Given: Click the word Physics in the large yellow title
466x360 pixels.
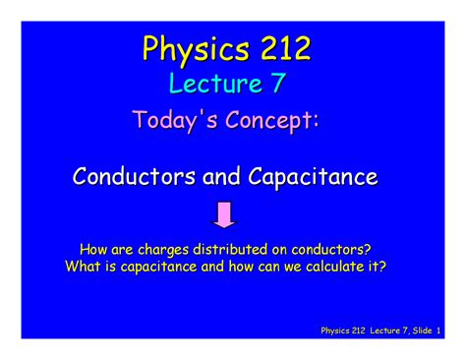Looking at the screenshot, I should (187, 48).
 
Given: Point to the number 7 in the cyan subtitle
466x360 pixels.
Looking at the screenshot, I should (277, 85).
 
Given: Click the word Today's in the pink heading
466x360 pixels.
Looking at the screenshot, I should (171, 121).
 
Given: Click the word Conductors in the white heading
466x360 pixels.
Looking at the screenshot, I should (134, 178).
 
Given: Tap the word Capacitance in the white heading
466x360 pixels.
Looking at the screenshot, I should (314, 178).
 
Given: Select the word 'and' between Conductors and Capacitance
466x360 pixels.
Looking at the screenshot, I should (221, 178).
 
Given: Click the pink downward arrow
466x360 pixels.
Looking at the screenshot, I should (225, 214).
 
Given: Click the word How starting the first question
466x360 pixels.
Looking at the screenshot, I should (95, 249).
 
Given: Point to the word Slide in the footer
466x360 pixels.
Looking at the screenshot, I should (418, 330).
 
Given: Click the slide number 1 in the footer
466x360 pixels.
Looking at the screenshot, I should (438, 330).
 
